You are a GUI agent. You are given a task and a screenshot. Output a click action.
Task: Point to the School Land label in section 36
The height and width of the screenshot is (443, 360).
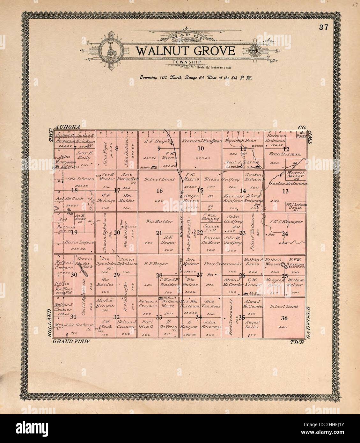coord(284,306)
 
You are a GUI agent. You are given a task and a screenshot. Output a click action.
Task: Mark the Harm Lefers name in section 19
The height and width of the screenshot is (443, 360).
coord(79,243)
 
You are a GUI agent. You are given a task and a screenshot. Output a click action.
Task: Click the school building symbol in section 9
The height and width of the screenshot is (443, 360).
coord(153,167)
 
